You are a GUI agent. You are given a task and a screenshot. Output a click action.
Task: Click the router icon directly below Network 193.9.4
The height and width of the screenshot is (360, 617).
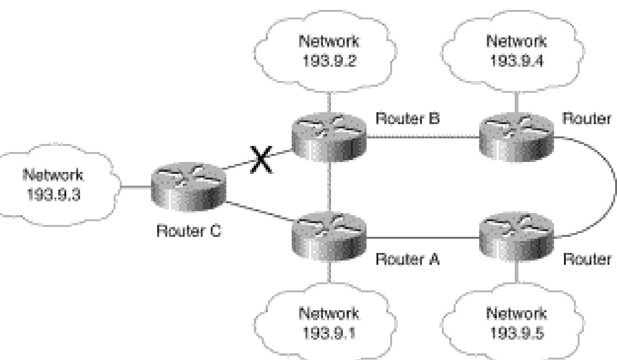tap(517, 137)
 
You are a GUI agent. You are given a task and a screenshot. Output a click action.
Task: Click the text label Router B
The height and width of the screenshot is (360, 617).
tap(407, 119)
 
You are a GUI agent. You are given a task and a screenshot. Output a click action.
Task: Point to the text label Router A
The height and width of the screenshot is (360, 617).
tap(407, 259)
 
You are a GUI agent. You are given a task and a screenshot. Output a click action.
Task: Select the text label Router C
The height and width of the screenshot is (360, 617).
tap(188, 233)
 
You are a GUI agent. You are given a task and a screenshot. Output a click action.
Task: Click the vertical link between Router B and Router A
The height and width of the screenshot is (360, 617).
tap(329, 187)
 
